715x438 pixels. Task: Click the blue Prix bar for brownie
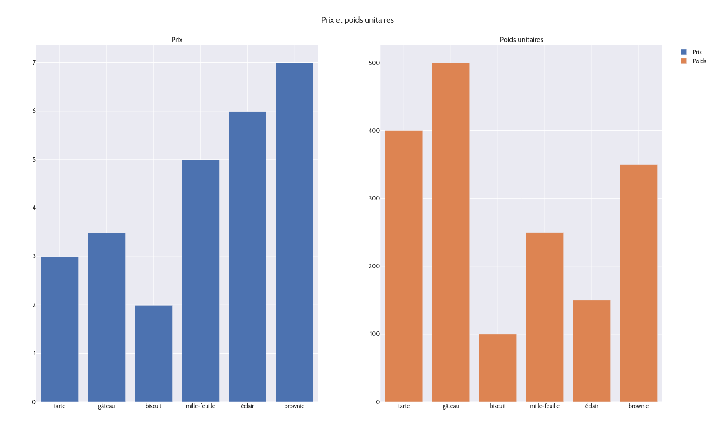pos(294,232)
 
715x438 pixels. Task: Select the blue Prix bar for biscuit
pos(153,354)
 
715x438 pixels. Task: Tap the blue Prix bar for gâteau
pos(106,317)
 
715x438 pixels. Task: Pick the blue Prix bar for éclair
pos(247,256)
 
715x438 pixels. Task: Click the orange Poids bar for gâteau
pos(450,232)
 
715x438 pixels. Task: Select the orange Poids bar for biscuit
pos(497,368)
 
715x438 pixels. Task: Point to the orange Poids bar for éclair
pos(591,351)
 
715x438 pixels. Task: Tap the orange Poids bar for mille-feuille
pos(544,317)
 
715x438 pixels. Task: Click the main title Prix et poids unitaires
pos(357,20)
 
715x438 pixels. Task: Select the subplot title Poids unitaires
pos(521,40)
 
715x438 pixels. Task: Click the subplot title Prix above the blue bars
pos(177,40)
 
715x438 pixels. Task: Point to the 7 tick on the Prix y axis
pos(34,62)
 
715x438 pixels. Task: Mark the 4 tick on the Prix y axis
pos(34,208)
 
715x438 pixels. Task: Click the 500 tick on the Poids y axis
pos(374,63)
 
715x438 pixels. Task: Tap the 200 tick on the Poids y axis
pos(374,266)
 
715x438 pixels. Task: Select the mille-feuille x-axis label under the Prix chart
pos(200,406)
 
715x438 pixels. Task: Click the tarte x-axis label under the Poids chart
pos(404,406)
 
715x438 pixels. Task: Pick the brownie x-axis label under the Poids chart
pos(638,406)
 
